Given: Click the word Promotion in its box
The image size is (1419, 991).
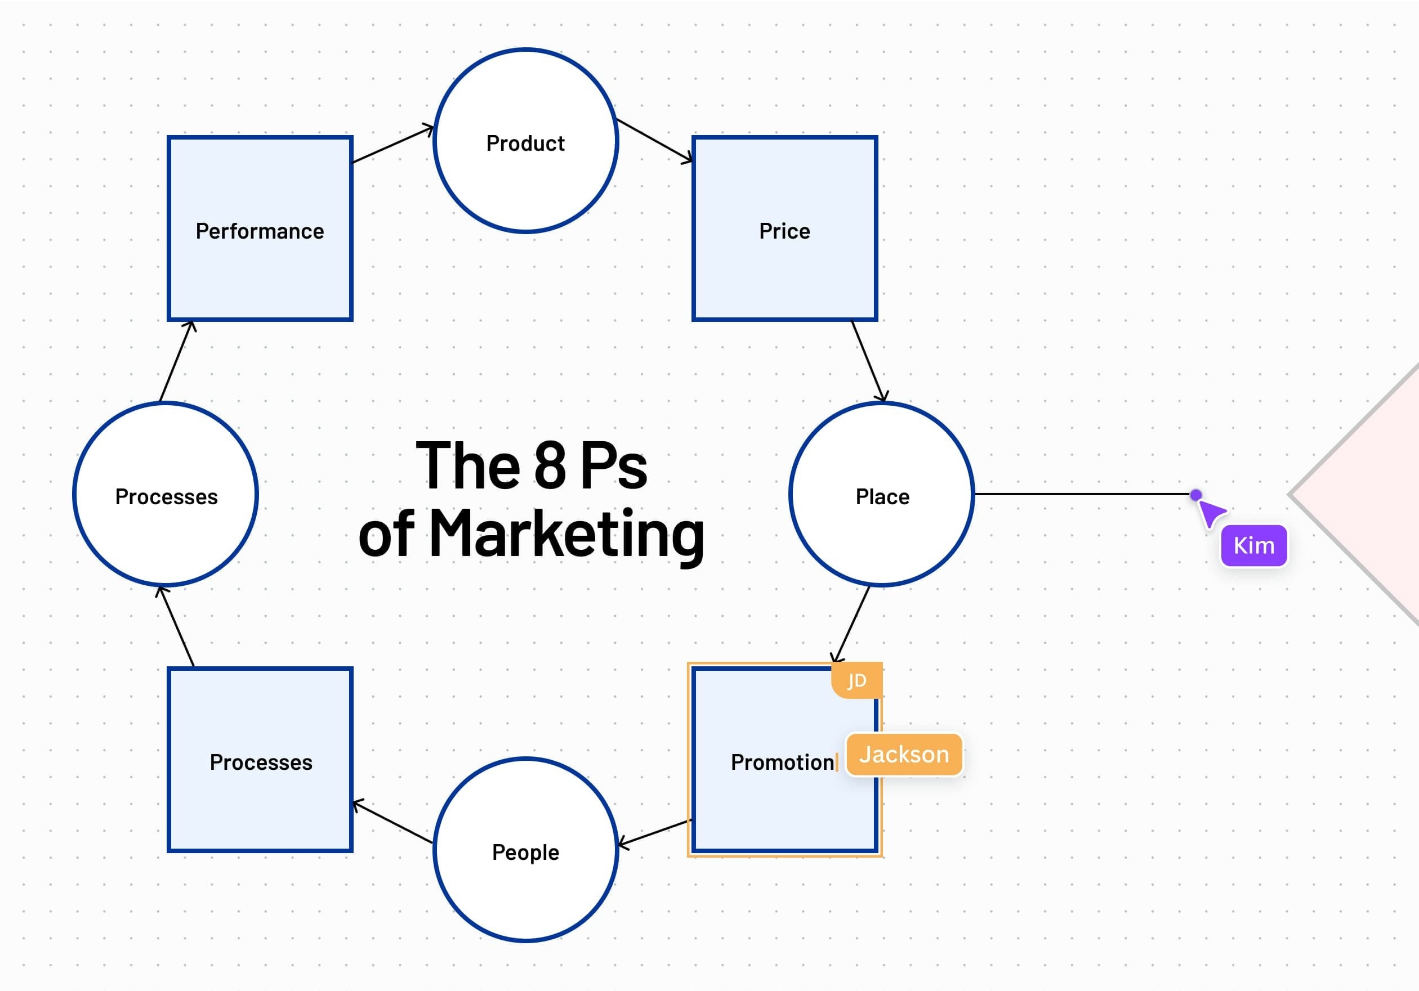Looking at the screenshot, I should pyautogui.click(x=782, y=763).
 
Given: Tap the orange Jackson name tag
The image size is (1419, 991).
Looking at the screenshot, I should pyautogui.click(x=904, y=755).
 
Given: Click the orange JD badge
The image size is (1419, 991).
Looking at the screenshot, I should pyautogui.click(x=857, y=680).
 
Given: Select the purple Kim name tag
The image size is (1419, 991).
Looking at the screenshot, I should pyautogui.click(x=1253, y=545).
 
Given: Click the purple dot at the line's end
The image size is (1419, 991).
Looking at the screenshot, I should pyautogui.click(x=1196, y=495).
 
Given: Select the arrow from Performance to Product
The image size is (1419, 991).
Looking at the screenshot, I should pyautogui.click(x=393, y=145).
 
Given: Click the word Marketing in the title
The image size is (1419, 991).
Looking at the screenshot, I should pyautogui.click(x=566, y=535).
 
